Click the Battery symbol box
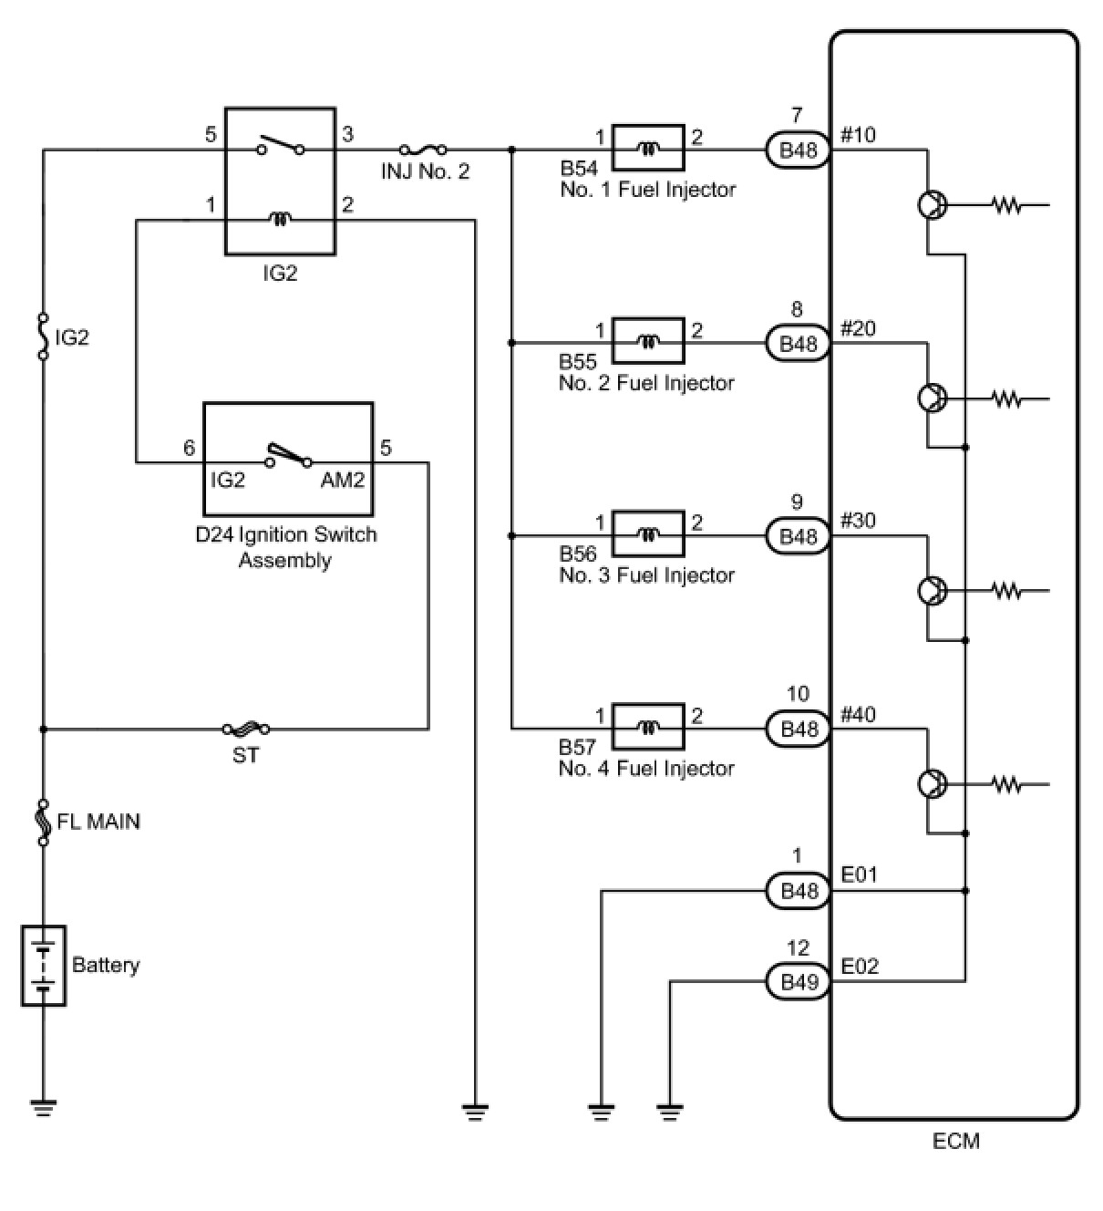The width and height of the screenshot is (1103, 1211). coord(44,966)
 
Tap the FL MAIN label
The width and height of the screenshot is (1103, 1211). coord(98,822)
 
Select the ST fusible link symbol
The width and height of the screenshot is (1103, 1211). coord(246,730)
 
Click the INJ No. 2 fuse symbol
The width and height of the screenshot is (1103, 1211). coord(423,150)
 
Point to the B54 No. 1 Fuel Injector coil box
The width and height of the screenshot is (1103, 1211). coord(648,148)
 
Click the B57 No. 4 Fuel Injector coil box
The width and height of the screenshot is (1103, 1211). coord(648,726)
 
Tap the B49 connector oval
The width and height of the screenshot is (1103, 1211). coord(799,982)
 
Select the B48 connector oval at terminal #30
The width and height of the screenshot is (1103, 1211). coord(799,536)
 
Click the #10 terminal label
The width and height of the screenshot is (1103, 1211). coord(858,135)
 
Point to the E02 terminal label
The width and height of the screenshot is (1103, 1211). coord(860,967)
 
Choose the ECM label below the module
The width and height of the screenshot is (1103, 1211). coord(955,1141)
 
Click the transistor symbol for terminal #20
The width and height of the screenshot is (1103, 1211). coord(933,398)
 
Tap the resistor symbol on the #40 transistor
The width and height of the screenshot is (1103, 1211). coord(1007,785)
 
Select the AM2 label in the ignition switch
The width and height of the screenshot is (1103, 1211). coord(343,480)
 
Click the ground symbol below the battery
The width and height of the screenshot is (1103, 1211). coord(44,1108)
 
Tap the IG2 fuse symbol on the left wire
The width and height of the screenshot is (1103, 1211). coord(44,336)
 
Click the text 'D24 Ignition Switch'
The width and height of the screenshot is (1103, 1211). coord(286,535)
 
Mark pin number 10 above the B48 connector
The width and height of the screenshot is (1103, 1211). coord(798,694)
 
